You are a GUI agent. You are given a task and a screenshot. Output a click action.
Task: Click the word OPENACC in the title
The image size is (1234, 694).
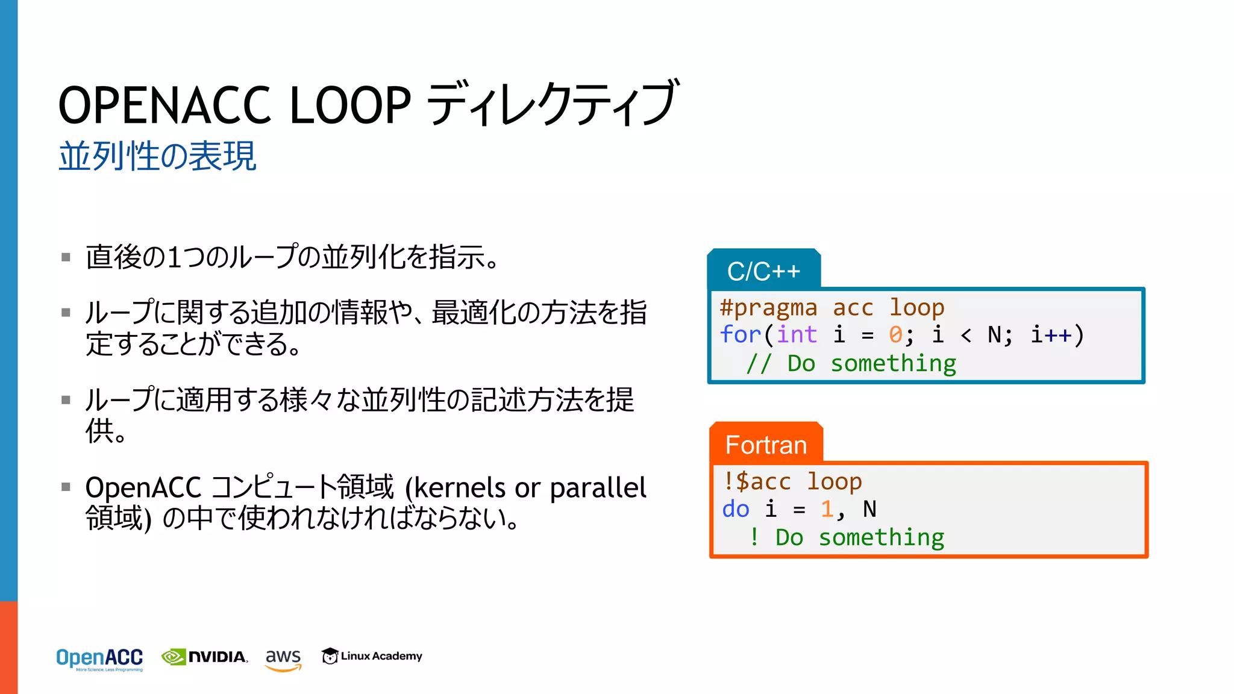pyautogui.click(x=164, y=105)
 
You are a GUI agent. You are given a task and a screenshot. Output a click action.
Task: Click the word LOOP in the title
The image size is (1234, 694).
pyautogui.click(x=350, y=105)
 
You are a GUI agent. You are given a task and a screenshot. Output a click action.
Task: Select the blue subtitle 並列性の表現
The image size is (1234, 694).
pyautogui.click(x=158, y=157)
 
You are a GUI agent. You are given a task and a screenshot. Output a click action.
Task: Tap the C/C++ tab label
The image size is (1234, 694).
pyautogui.click(x=763, y=271)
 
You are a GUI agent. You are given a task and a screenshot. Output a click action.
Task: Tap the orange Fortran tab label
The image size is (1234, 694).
pyautogui.click(x=766, y=445)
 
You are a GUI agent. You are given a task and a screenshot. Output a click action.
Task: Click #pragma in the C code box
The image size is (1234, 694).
pyautogui.click(x=768, y=308)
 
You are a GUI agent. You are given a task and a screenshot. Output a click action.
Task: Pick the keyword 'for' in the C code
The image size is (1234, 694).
pyautogui.click(x=740, y=334)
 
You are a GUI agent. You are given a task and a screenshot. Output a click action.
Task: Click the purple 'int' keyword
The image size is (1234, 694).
pyautogui.click(x=797, y=334)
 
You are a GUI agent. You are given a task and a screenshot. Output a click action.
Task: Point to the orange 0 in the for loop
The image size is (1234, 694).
pyautogui.click(x=895, y=334)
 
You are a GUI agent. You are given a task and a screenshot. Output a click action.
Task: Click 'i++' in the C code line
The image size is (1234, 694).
pyautogui.click(x=1051, y=334)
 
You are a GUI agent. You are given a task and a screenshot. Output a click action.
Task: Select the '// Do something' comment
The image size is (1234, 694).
pyautogui.click(x=851, y=363)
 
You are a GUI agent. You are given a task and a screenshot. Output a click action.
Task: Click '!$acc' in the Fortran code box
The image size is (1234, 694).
pyautogui.click(x=757, y=481)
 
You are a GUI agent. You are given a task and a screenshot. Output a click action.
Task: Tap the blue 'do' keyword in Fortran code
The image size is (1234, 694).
pyautogui.click(x=736, y=509)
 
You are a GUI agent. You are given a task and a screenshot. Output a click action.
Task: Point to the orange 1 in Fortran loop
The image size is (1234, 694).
pyautogui.click(x=827, y=509)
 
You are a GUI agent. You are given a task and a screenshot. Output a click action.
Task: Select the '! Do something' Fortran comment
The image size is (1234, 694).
pyautogui.click(x=847, y=537)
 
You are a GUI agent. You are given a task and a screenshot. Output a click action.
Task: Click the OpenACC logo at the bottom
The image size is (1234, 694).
pyautogui.click(x=99, y=658)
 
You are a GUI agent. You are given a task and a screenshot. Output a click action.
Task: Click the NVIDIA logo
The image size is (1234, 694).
pyautogui.click(x=205, y=657)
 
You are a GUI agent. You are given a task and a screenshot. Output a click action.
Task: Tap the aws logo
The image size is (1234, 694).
pyautogui.click(x=283, y=658)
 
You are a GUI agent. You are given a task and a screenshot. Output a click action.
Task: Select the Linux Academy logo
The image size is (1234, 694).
pyautogui.click(x=372, y=655)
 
